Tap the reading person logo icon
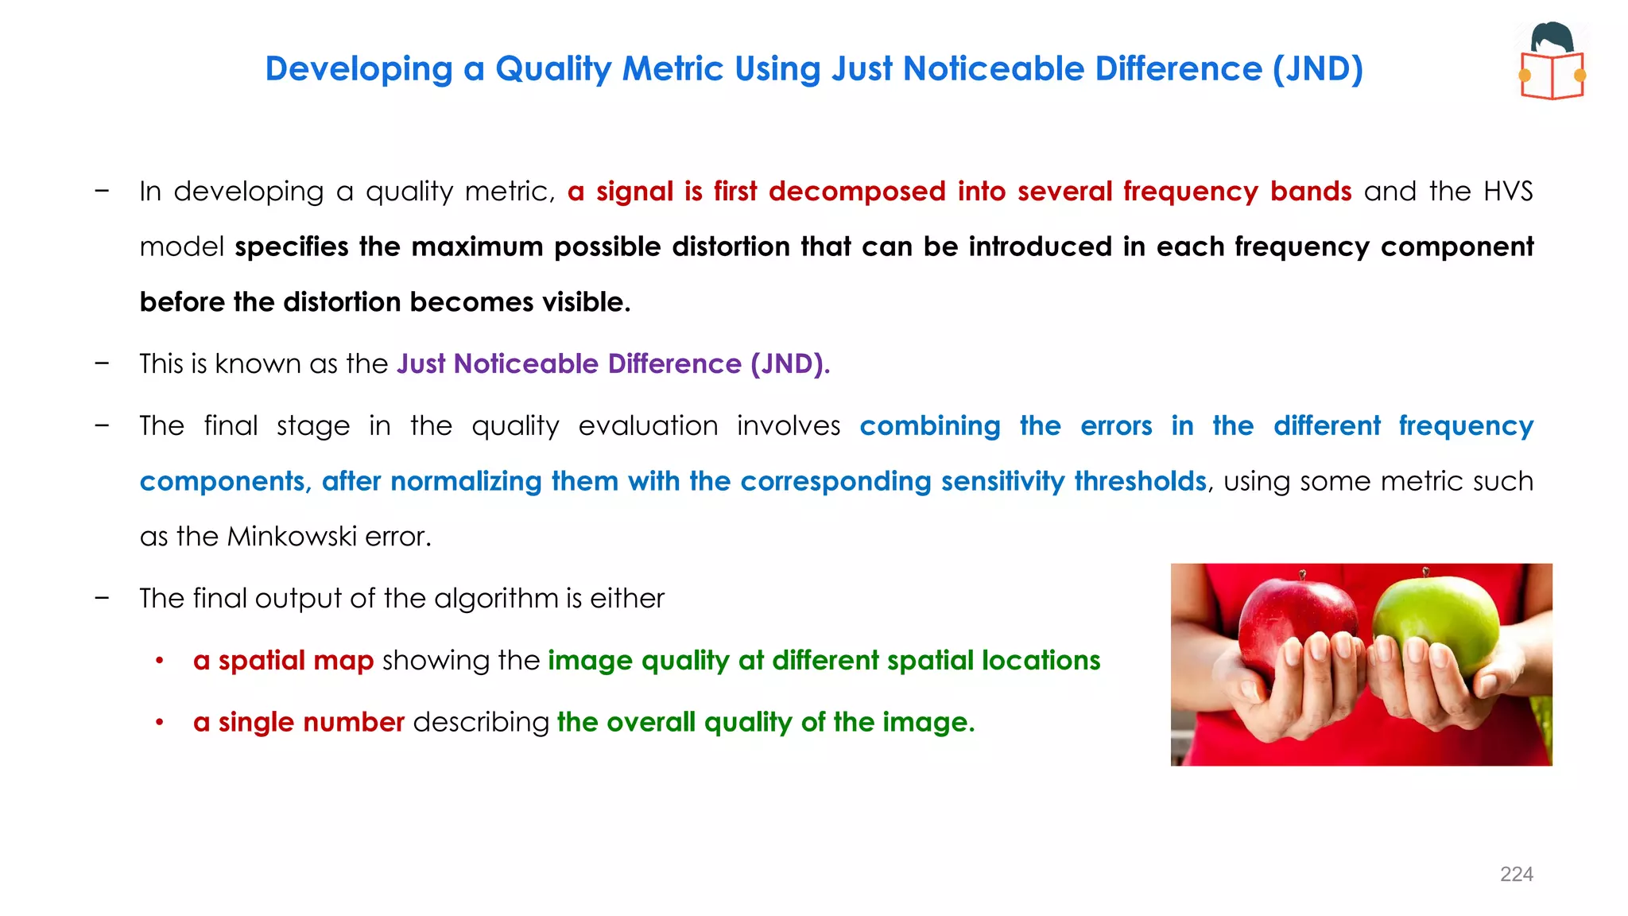1552,61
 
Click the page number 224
1516,875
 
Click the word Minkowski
291,537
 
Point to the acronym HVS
1508,192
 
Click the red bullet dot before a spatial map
160,661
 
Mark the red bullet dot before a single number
160,722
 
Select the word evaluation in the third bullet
648,426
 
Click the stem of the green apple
1426,572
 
